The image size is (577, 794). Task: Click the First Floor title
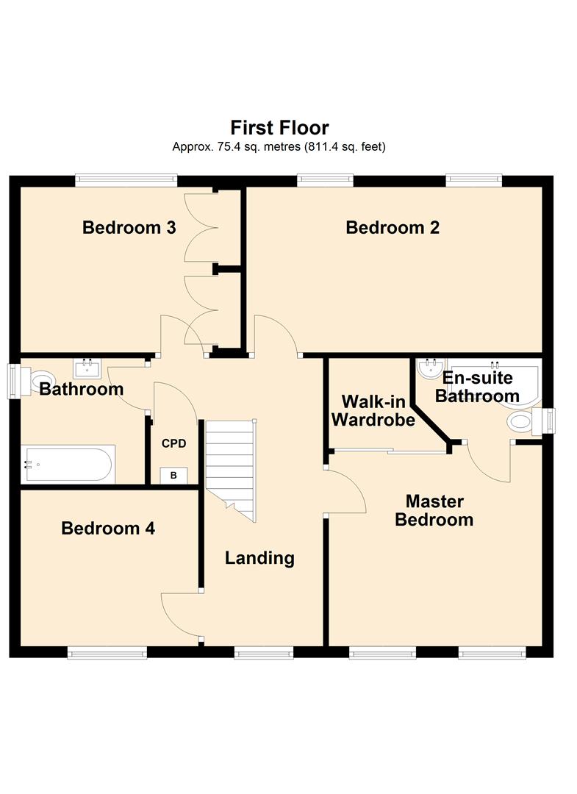(x=279, y=127)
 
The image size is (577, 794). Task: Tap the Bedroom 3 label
(x=129, y=227)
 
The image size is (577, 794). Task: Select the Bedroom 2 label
(x=393, y=227)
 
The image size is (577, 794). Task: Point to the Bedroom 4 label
(x=108, y=528)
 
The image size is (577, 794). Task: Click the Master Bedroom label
(x=434, y=510)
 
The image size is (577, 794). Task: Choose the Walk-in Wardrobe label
(x=373, y=411)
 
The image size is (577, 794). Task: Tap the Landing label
(x=259, y=558)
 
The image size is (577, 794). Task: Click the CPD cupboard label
(x=173, y=443)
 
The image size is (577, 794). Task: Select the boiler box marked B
(x=173, y=476)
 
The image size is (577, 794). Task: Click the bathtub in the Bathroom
(x=68, y=464)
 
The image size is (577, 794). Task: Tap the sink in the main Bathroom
(x=87, y=368)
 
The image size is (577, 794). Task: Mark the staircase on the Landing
(x=231, y=469)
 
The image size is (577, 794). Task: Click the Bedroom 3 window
(x=126, y=178)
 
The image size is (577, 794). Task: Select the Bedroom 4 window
(x=107, y=654)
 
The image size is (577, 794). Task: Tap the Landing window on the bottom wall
(x=264, y=654)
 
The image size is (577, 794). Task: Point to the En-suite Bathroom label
(x=477, y=387)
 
